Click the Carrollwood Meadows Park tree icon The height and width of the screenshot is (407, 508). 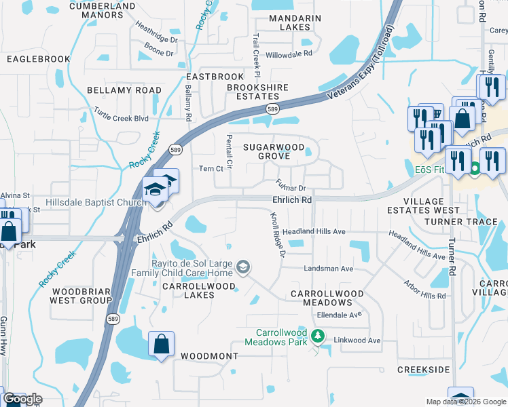point(316,336)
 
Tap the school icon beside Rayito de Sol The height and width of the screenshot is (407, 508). point(242,268)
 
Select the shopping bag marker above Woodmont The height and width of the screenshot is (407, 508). point(162,345)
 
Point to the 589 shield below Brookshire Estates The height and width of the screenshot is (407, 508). point(272,109)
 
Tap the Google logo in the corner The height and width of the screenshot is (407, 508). point(22,399)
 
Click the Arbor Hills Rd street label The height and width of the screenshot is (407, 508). point(424,286)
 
